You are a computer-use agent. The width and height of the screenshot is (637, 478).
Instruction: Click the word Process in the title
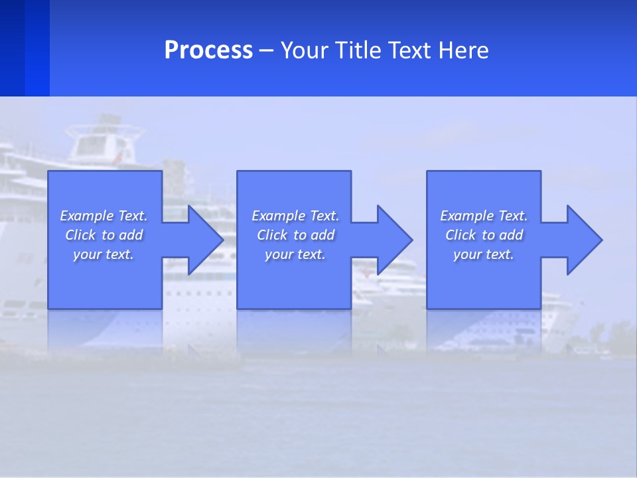pyautogui.click(x=208, y=50)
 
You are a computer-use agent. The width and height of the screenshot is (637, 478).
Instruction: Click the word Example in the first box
pyautogui.click(x=87, y=216)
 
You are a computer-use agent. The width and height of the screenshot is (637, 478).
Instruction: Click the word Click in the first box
pyautogui.click(x=80, y=235)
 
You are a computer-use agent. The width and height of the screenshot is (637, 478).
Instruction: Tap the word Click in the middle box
pyautogui.click(x=272, y=235)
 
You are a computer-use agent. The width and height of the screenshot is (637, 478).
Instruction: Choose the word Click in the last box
pyautogui.click(x=460, y=235)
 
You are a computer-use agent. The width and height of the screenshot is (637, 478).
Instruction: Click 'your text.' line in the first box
pyautogui.click(x=104, y=254)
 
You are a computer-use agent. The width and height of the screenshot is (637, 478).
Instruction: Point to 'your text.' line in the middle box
pyautogui.click(x=295, y=254)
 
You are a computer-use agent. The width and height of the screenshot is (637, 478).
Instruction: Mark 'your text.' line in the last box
pyautogui.click(x=484, y=254)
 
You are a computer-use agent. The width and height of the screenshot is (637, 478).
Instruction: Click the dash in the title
pyautogui.click(x=266, y=50)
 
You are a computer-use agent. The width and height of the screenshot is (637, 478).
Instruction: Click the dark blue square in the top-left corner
pyautogui.click(x=24, y=48)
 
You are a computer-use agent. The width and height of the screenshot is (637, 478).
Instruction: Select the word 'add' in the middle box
pyautogui.click(x=322, y=235)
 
